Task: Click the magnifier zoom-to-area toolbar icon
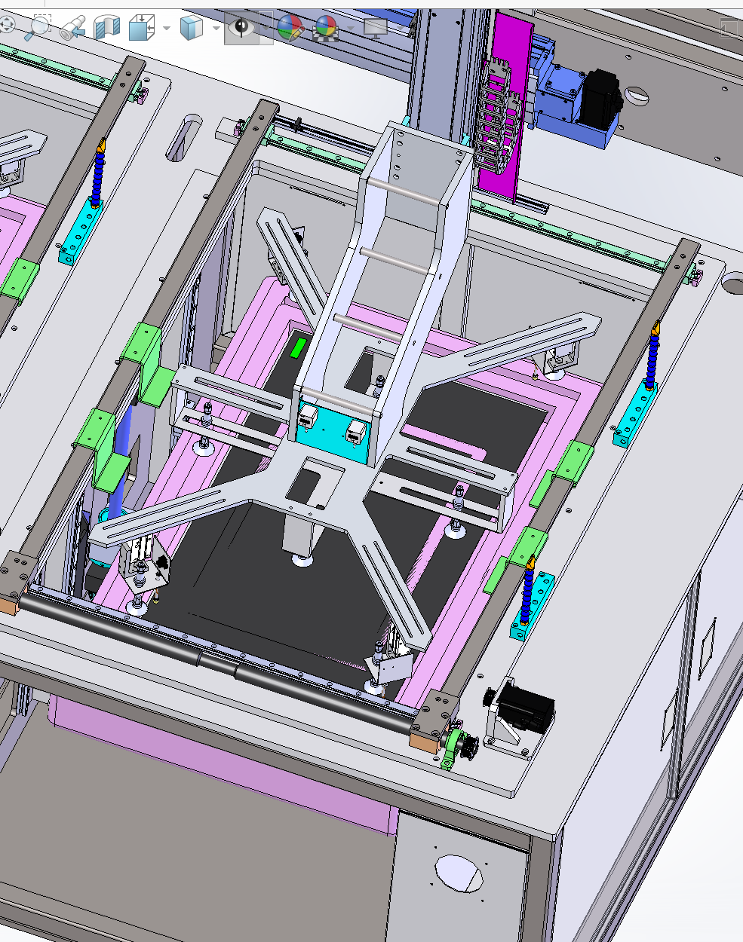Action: (x=37, y=27)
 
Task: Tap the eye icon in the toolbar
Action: (x=241, y=28)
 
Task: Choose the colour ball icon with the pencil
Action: (x=290, y=28)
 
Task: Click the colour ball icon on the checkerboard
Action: (x=326, y=28)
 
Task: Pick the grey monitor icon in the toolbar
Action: (x=376, y=28)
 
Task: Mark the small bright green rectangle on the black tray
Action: (x=298, y=347)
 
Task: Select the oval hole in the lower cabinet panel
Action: (x=459, y=873)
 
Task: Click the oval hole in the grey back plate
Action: (x=637, y=96)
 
